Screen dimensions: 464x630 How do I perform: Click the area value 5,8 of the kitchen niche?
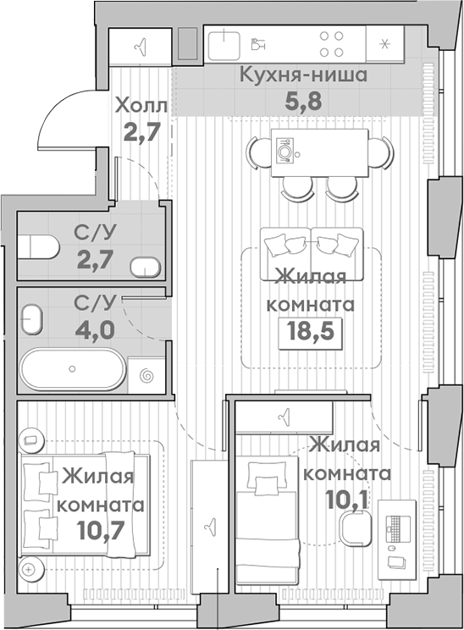[x=303, y=102]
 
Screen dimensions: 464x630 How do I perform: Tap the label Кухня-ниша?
[x=303, y=75]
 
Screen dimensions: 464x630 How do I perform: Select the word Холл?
[x=141, y=107]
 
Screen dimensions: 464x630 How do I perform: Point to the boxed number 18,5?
[x=310, y=333]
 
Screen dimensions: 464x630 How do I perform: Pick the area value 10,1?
[x=346, y=500]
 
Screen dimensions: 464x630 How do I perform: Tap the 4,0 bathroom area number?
[x=95, y=330]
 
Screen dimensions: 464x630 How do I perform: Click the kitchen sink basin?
[x=224, y=46]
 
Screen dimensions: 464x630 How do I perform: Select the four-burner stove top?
[x=331, y=44]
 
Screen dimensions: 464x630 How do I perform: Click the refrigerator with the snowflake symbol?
[x=384, y=44]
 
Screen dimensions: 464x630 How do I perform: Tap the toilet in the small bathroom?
[x=39, y=246]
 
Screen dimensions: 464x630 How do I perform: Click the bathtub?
[x=73, y=369]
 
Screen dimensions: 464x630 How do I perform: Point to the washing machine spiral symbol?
[x=146, y=376]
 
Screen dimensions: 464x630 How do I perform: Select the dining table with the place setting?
[x=320, y=152]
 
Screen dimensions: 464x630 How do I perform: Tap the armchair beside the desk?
[x=356, y=528]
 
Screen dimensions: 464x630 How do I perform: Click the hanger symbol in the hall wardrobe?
[x=141, y=47]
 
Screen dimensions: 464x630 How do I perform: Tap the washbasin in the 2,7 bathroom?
[x=145, y=268]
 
